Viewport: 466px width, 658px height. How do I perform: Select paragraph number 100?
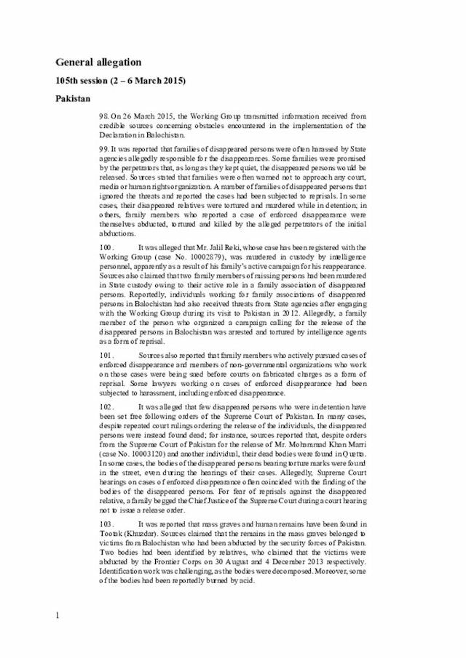(x=107, y=249)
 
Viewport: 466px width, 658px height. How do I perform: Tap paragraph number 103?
(x=107, y=523)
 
